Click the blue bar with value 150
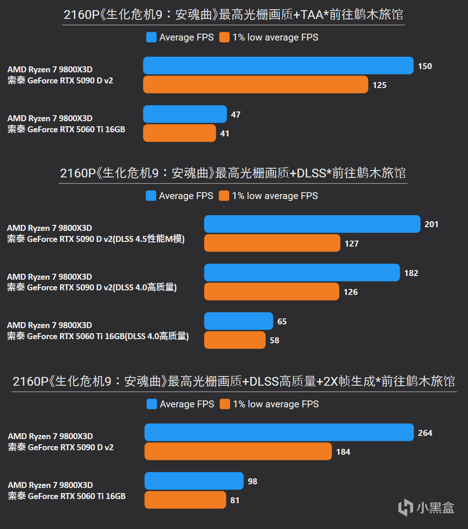pos(278,66)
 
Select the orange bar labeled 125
pos(255,85)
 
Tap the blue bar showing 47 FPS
pos(185,114)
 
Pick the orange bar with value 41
pos(179,133)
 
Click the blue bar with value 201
pos(312,224)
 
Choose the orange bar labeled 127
pos(272,243)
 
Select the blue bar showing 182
pos(302,273)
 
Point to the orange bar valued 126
pos(272,292)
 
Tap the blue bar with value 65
pos(238,321)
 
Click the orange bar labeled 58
pos(235,340)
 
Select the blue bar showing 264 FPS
pos(279,433)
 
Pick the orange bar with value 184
pos(238,452)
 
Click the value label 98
pos(252,481)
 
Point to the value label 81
pos(235,500)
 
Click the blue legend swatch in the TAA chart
pos(151,37)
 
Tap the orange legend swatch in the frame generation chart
pos(225,404)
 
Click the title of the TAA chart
pos(233,15)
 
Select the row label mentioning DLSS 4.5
pos(95,234)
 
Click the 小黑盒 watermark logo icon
pos(405,507)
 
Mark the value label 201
pos(432,224)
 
